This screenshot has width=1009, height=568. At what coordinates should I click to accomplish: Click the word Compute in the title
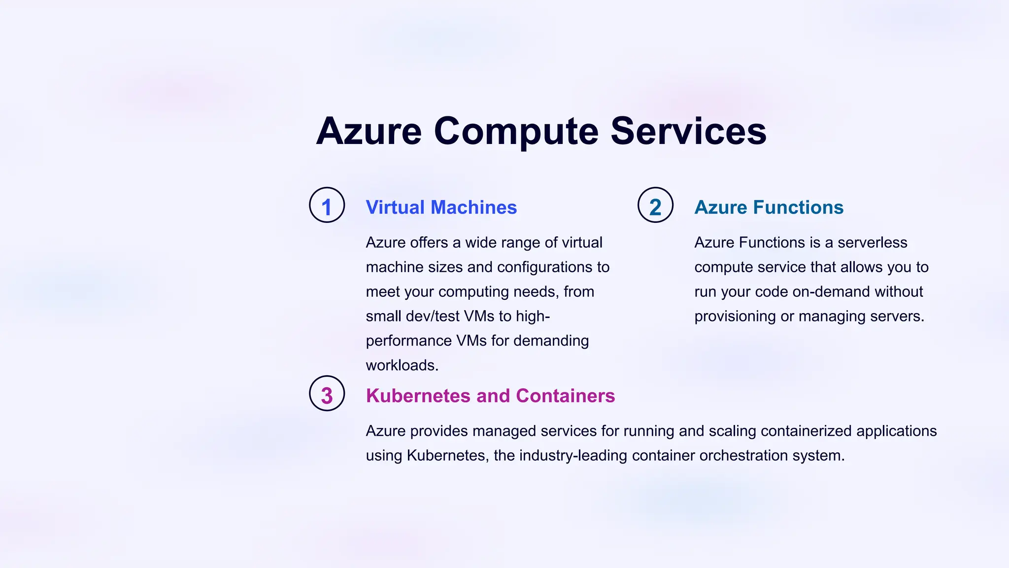516,132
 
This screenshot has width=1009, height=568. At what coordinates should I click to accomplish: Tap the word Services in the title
688,132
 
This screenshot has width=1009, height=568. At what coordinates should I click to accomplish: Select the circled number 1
327,205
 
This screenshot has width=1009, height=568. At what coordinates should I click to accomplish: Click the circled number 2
655,205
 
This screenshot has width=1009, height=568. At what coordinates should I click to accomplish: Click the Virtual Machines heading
441,208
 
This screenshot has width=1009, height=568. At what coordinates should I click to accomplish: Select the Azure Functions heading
769,208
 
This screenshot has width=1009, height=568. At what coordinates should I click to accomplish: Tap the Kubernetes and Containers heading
490,396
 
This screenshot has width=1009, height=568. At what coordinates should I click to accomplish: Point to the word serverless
872,243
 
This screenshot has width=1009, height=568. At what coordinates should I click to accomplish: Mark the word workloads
402,365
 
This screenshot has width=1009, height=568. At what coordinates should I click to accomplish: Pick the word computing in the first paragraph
473,292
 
